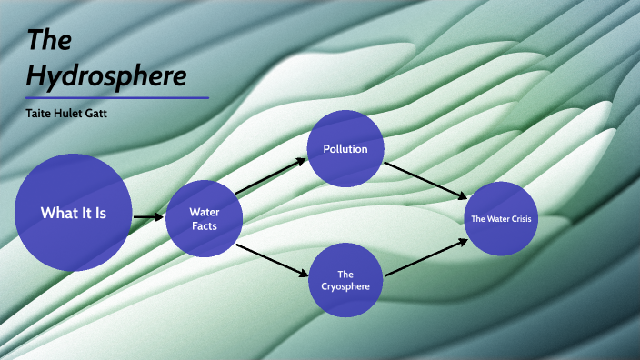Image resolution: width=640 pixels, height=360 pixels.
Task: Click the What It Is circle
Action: click(x=74, y=213)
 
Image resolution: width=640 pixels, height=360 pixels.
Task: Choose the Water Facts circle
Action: click(x=204, y=218)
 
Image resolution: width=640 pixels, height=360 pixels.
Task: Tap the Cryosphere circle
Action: click(x=345, y=280)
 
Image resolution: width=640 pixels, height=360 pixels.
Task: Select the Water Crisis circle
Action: click(x=499, y=218)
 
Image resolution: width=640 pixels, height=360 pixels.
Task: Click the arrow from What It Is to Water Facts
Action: click(x=147, y=216)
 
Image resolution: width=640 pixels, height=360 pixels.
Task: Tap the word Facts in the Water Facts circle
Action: click(x=204, y=225)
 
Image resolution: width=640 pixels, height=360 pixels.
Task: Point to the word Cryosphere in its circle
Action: click(x=345, y=287)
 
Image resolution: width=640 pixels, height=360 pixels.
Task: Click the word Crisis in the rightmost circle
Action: click(x=515, y=219)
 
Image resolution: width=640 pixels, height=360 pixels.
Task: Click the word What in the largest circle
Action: click(x=56, y=213)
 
